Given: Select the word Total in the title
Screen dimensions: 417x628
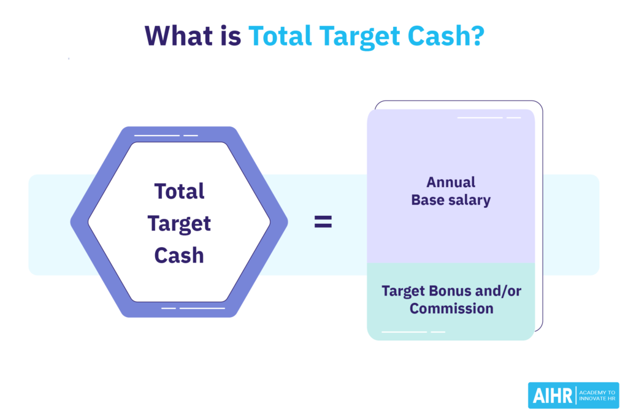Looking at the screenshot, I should click(x=279, y=36).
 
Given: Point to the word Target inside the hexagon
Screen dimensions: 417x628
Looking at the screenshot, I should click(x=179, y=223).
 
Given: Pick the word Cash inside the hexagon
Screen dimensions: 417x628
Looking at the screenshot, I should click(x=179, y=254).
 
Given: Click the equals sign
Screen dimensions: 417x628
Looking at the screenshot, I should click(x=323, y=223).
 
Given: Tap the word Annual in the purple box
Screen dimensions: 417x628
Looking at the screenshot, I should click(x=451, y=182).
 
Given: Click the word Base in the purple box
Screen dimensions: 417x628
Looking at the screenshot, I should click(x=427, y=200).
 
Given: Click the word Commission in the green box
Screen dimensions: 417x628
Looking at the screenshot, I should click(x=451, y=308).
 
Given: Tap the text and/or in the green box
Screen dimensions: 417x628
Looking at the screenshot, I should click(x=502, y=291).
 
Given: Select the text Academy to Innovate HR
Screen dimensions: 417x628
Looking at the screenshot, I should click(x=597, y=396).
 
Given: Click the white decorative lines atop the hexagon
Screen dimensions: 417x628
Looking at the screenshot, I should click(x=166, y=135).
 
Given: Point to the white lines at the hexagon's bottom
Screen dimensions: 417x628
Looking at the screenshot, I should click(x=193, y=308).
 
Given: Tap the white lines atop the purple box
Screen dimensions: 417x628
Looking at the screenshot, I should click(x=489, y=117).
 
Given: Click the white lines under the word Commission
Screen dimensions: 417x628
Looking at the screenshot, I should click(x=413, y=332).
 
